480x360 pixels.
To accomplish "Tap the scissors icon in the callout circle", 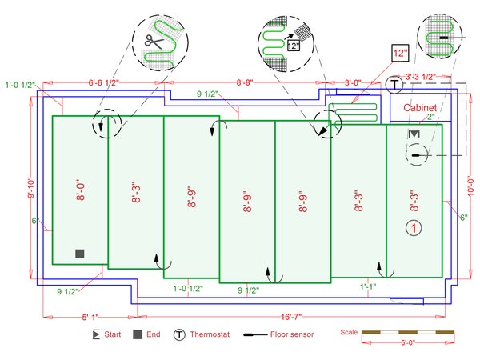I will point(152,40).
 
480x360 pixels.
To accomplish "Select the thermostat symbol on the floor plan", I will point(394,84).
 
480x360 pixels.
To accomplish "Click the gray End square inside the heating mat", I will point(79,254).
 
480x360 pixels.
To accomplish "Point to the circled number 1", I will point(414,228).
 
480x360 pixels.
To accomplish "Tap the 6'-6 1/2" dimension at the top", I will point(104,82).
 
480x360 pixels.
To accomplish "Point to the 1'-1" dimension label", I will point(368,286).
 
